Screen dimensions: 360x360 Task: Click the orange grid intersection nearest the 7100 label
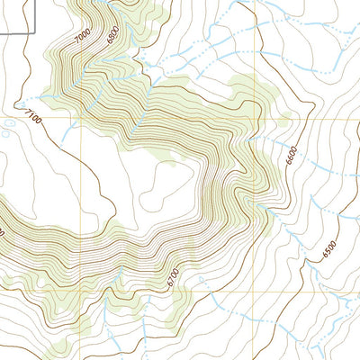(80, 118)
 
